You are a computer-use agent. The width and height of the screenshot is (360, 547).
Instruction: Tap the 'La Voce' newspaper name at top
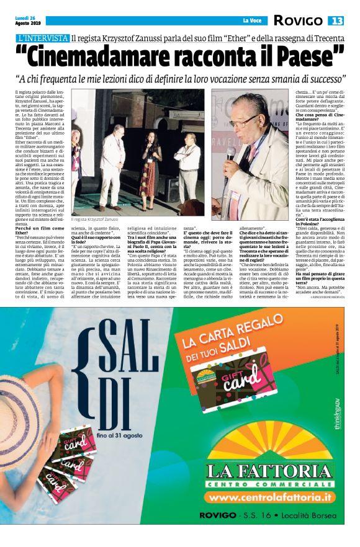[252, 20]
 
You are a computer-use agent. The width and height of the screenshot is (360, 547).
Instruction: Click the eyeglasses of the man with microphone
[245, 119]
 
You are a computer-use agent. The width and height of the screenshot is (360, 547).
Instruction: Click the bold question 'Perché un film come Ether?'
[35, 231]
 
